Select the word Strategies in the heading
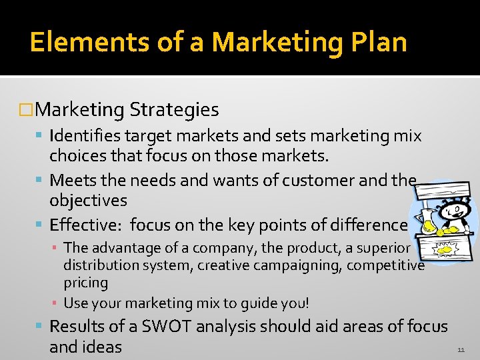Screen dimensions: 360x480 (x=175, y=109)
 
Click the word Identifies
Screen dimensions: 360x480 (x=85, y=136)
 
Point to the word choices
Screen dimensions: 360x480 (x=77, y=156)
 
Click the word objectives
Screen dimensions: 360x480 (x=88, y=200)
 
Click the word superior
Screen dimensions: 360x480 (x=386, y=248)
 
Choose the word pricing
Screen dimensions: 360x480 (x=85, y=283)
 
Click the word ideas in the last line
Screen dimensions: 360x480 (x=102, y=347)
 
